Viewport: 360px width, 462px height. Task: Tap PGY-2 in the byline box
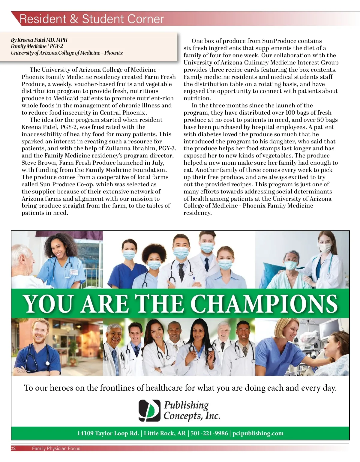pos(56,46)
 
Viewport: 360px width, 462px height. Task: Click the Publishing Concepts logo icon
pos(149,410)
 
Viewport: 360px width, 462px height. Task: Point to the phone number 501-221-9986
pos(209,433)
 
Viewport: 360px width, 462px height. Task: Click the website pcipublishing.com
pos(258,433)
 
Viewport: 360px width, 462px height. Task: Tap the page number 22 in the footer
pos(13,448)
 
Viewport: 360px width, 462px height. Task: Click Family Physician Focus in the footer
pos(56,448)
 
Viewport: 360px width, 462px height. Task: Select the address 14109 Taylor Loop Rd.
pos(108,433)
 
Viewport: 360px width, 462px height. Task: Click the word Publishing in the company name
pos(186,405)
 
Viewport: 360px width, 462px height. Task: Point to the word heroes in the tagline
pos(61,388)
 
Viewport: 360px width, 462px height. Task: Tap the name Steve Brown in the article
pos(39,163)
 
